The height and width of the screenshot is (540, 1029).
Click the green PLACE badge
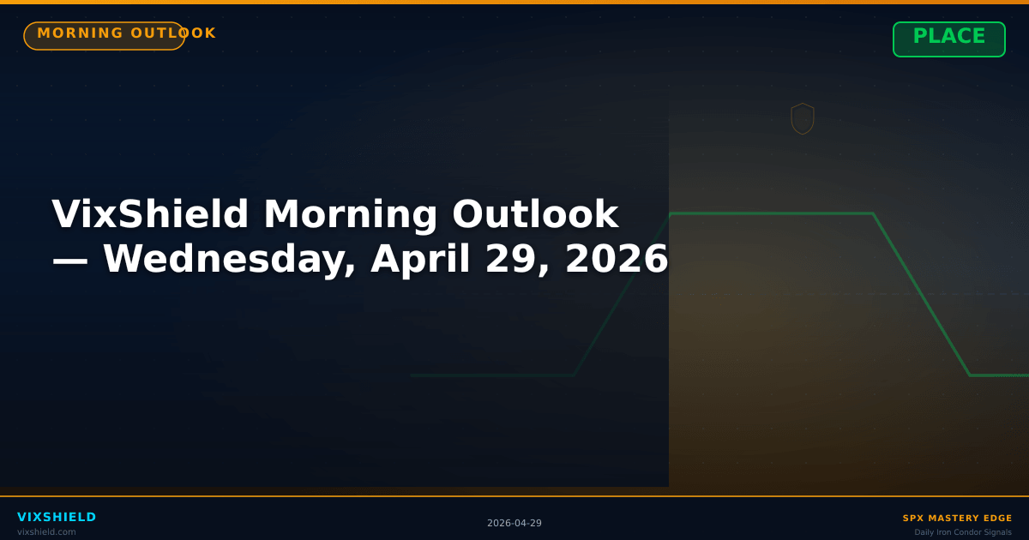(948, 39)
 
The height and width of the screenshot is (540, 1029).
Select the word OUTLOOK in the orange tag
(174, 33)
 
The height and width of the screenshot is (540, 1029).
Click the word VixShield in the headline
(150, 214)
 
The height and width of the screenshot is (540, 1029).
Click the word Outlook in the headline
(535, 214)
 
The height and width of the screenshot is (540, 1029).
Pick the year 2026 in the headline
(616, 259)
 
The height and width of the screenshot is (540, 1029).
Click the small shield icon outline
(803, 119)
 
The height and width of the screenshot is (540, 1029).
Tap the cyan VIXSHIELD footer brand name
(57, 517)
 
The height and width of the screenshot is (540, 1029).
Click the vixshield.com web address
(46, 532)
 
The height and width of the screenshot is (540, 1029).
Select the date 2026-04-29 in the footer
(514, 524)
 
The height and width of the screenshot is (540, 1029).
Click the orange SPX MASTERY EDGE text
(957, 519)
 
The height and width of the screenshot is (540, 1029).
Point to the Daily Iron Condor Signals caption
(963, 532)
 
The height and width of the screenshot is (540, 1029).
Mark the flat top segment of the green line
(772, 213)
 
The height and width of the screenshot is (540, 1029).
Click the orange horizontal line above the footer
(514, 496)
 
